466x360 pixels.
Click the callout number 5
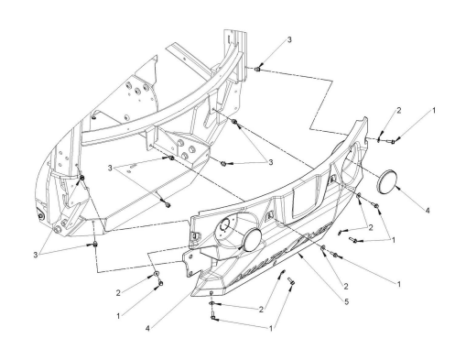[346, 301]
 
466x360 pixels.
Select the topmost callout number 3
[289, 39]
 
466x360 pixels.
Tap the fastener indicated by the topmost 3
[257, 70]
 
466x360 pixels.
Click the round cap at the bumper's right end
[386, 181]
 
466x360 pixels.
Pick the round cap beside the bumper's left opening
[252, 240]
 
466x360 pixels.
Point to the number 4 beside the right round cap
[428, 211]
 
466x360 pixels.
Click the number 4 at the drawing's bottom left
[147, 329]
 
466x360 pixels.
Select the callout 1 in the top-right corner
[434, 111]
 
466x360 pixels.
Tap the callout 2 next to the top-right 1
[398, 111]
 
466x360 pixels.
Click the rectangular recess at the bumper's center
[305, 199]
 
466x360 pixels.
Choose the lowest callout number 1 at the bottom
[271, 329]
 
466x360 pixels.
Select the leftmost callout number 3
[36, 255]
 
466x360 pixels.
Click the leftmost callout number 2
[118, 293]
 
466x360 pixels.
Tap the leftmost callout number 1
[118, 316]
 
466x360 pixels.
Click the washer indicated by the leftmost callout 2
[156, 273]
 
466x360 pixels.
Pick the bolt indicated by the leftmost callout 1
[160, 284]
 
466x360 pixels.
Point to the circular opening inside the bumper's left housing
[224, 226]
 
